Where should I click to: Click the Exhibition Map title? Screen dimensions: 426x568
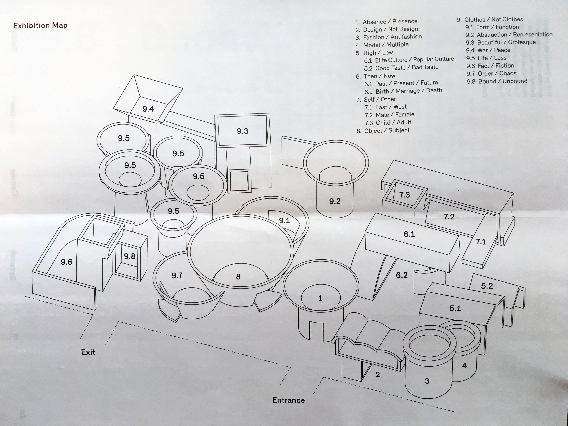[40, 25]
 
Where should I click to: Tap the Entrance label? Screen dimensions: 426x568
[288, 400]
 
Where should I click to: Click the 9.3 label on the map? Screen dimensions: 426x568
[242, 131]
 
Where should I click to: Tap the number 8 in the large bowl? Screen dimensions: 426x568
[238, 277]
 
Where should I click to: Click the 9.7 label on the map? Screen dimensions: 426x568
[177, 276]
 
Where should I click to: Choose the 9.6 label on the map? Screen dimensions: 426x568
[66, 262]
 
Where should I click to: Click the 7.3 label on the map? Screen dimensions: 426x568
[404, 195]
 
